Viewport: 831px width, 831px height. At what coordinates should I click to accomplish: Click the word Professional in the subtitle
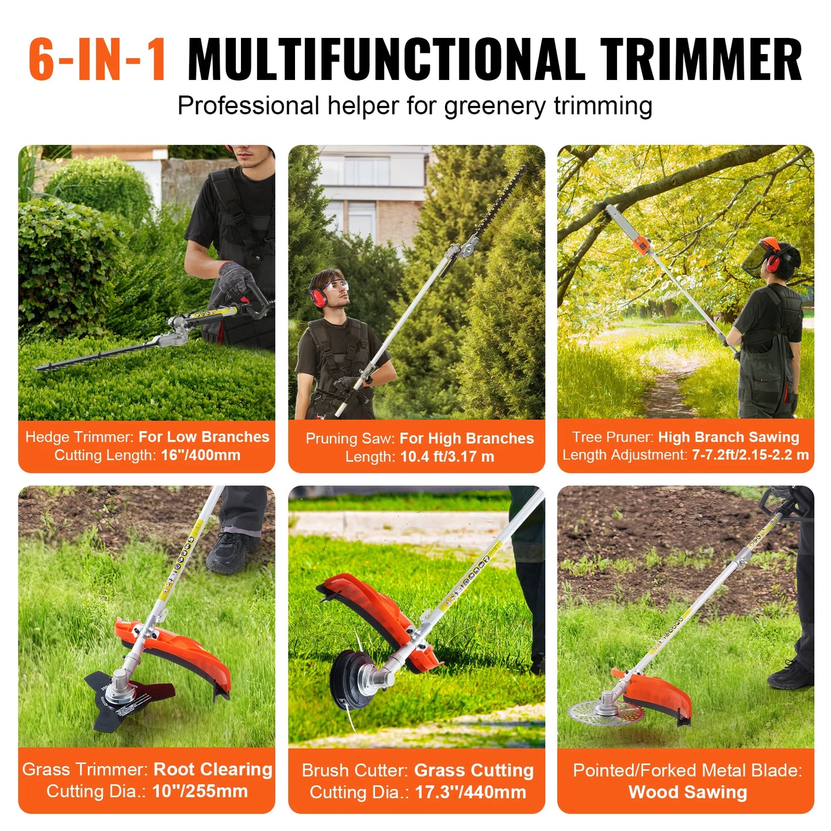[248, 106]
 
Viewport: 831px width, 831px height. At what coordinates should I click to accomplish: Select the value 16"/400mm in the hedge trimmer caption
[201, 455]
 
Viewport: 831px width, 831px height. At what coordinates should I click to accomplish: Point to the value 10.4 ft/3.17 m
[447, 457]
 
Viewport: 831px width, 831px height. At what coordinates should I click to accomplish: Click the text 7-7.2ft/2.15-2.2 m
[750, 455]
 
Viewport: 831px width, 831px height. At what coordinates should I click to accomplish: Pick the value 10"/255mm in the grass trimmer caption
[200, 791]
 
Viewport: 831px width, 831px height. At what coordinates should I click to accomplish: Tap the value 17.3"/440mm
[470, 792]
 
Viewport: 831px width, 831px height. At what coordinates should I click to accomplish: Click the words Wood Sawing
[687, 792]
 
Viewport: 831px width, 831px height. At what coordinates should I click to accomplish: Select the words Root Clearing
[213, 769]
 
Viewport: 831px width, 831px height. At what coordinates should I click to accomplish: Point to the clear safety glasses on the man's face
[336, 286]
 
